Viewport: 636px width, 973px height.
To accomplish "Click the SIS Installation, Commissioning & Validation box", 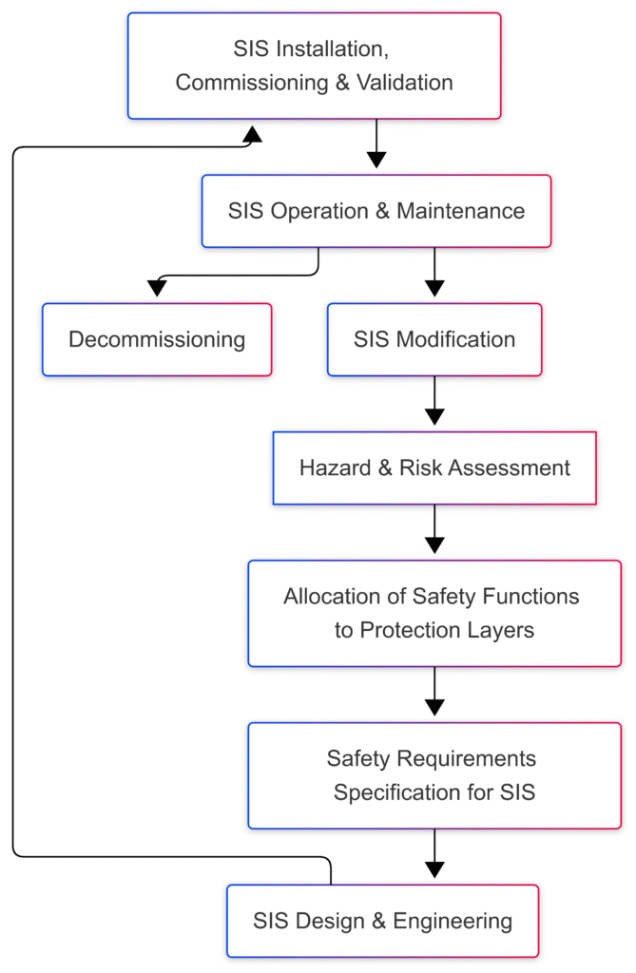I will (x=314, y=66).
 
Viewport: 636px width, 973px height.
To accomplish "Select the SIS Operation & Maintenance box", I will (x=376, y=211).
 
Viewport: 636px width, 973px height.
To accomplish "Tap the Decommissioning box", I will (x=157, y=339).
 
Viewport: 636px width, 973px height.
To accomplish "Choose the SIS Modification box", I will (x=434, y=339).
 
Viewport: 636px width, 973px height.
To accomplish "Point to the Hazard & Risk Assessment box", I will (x=434, y=467).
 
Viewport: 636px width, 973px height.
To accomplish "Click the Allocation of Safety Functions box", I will (x=434, y=613).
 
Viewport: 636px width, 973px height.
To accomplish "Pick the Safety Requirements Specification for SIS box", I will (x=434, y=774).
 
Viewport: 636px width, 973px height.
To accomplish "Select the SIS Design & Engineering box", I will (x=382, y=920).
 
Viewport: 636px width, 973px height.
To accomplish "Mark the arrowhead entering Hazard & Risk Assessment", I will (x=434, y=417).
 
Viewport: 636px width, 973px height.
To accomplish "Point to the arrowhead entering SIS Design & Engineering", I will (x=434, y=869).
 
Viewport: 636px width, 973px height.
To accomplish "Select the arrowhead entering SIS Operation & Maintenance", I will (x=376, y=160).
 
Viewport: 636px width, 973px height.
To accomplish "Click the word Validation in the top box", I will (x=405, y=83).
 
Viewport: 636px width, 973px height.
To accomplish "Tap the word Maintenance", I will (x=460, y=211).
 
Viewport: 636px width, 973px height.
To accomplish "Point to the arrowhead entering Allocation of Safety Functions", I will (x=434, y=545).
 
